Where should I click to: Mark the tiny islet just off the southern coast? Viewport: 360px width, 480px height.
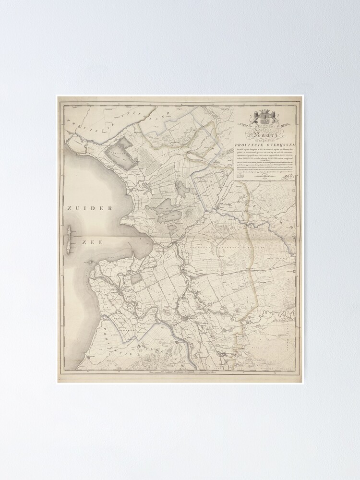pyautogui.click(x=90, y=263)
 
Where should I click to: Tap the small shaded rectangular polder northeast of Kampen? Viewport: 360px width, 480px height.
pyautogui.click(x=137, y=277)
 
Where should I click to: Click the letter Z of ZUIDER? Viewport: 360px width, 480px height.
pyautogui.click(x=70, y=208)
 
